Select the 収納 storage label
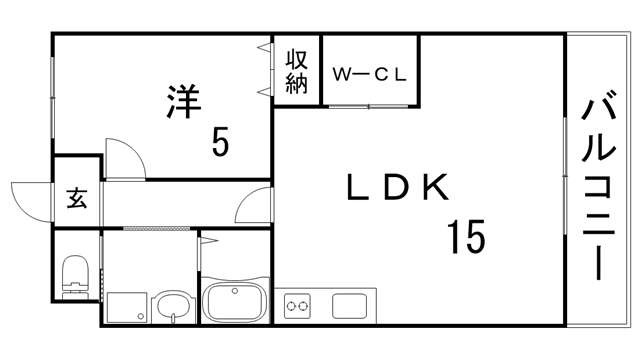297,70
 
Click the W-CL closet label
369,74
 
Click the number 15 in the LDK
466,237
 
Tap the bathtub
235,300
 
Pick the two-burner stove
299,303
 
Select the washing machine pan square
125,307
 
